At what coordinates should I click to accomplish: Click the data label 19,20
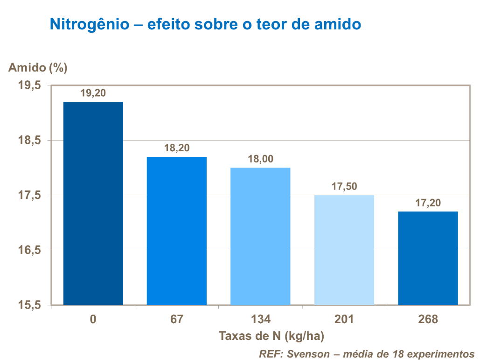click(x=93, y=93)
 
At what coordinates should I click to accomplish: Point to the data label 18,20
click(x=177, y=148)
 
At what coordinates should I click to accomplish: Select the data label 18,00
click(x=260, y=159)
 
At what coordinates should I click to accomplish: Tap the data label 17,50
click(x=344, y=186)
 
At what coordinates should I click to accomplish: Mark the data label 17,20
click(x=428, y=203)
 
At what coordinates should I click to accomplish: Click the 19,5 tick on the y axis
click(x=30, y=85)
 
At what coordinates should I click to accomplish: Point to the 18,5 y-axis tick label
click(x=30, y=141)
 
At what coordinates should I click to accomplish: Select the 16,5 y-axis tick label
click(x=30, y=250)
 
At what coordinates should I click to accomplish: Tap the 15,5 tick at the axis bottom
click(x=30, y=305)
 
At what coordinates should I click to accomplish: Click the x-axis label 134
click(x=260, y=319)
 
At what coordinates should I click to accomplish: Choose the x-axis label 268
click(x=428, y=319)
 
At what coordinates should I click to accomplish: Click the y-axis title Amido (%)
click(x=38, y=68)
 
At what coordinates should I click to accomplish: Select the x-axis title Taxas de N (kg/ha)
click(x=271, y=336)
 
